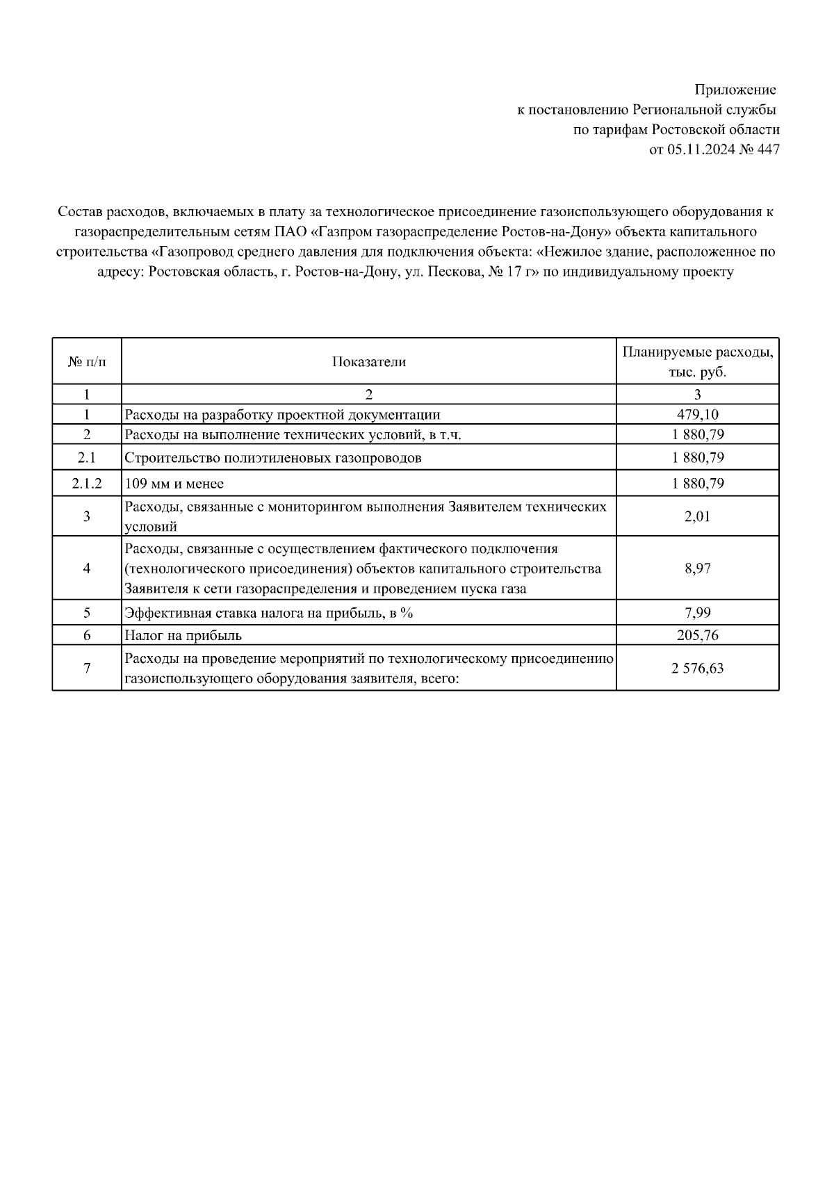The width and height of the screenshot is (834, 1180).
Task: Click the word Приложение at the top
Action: tap(735, 90)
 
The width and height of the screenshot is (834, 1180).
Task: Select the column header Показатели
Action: tap(368, 362)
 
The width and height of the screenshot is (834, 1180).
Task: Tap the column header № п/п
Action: tap(87, 362)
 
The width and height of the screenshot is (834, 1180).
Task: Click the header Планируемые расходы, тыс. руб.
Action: tap(697, 362)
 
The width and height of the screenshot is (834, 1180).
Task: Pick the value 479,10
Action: tap(697, 415)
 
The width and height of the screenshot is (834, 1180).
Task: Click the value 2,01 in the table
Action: tap(697, 516)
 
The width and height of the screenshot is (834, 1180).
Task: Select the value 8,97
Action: tap(697, 568)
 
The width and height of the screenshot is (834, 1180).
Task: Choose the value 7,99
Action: tap(697, 613)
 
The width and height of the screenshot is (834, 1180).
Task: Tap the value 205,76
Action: tap(697, 635)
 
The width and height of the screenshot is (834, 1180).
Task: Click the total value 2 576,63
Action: tap(697, 669)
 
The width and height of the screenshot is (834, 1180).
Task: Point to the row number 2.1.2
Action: tap(87, 483)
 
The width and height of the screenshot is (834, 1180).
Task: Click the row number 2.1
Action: tap(87, 458)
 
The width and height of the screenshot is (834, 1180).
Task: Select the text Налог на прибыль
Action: tap(183, 635)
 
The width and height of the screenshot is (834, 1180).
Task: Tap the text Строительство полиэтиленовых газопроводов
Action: tap(272, 458)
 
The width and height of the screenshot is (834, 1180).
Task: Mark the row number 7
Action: tap(87, 669)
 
